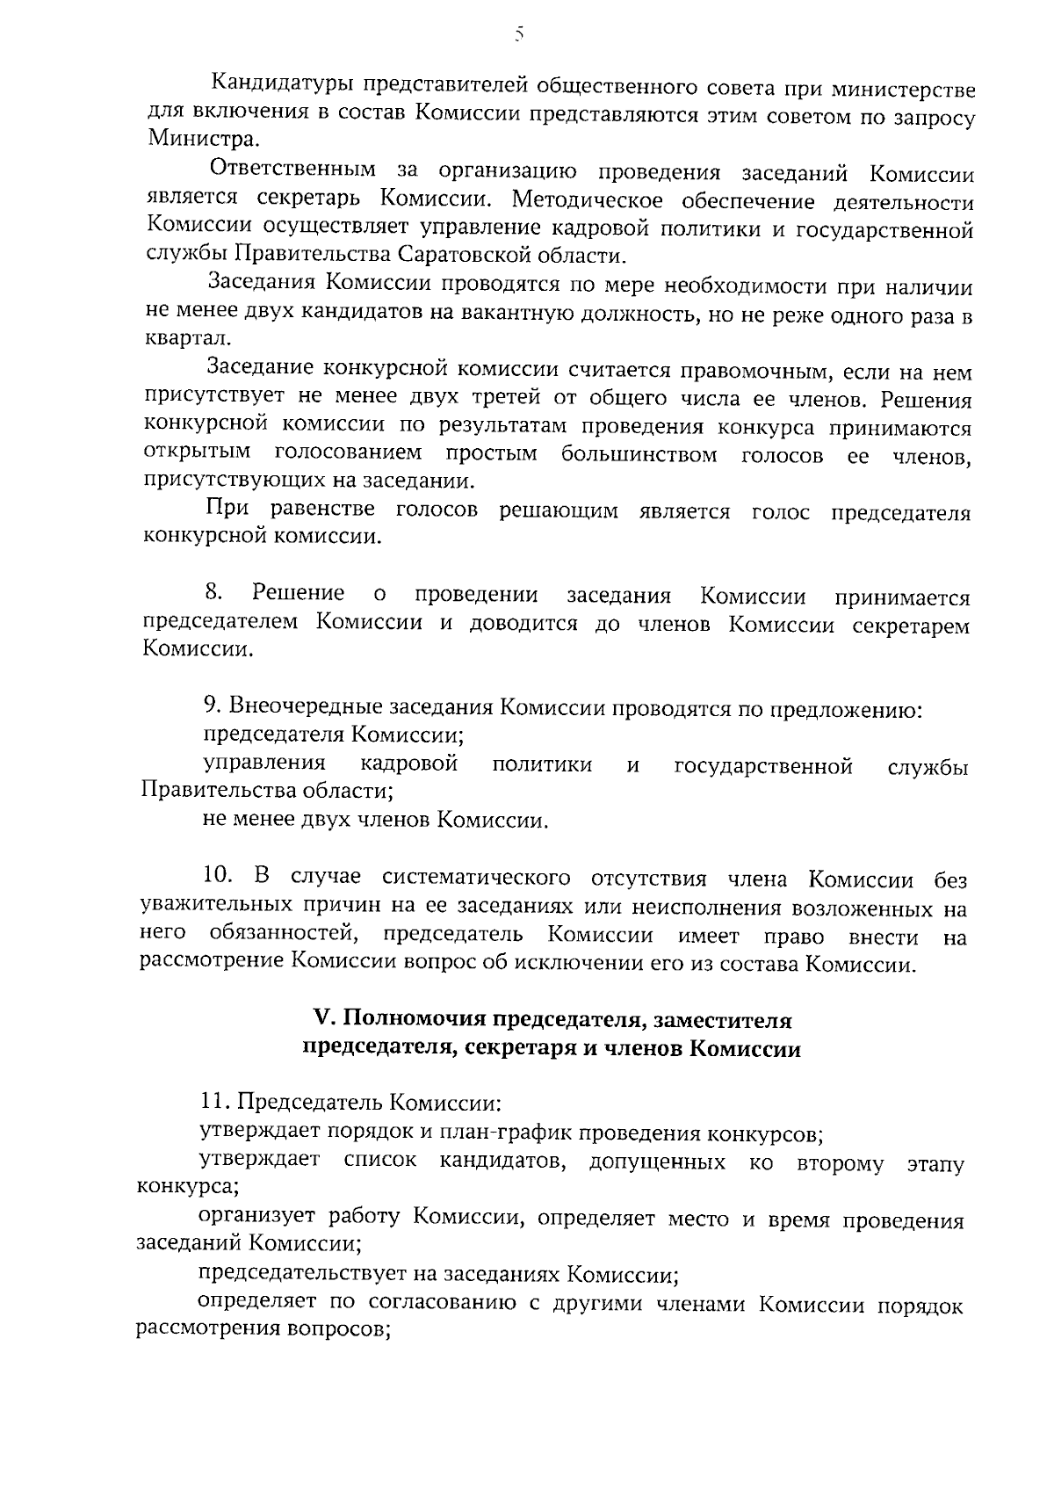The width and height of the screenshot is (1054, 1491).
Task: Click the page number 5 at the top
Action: click(519, 34)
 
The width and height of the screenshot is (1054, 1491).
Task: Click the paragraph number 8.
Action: click(213, 595)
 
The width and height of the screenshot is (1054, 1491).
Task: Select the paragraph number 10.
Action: click(217, 876)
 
